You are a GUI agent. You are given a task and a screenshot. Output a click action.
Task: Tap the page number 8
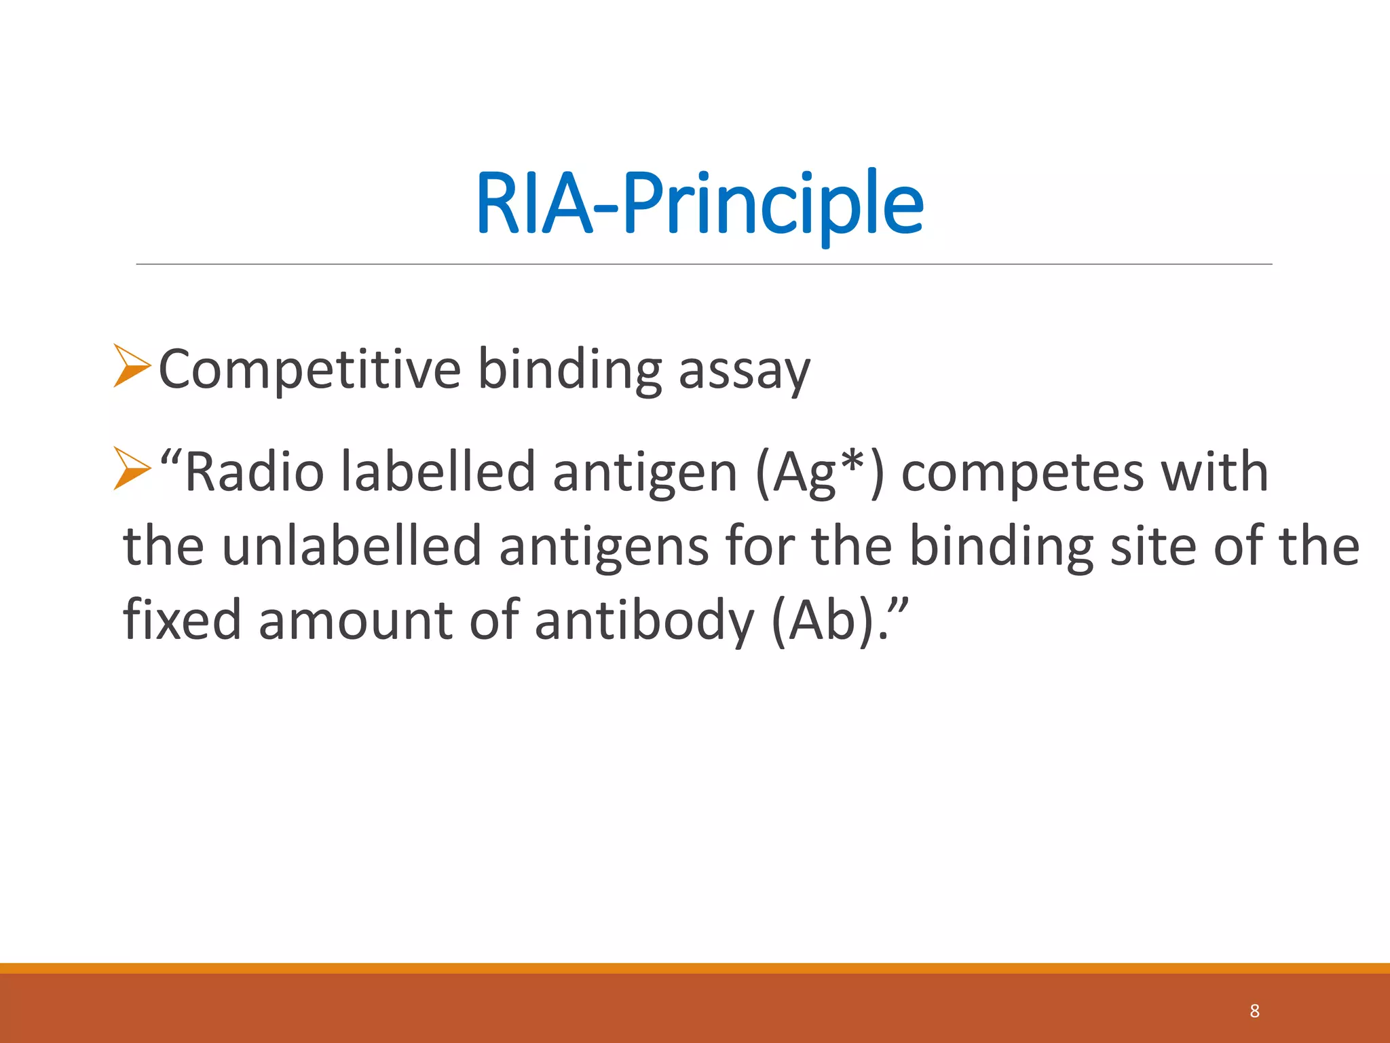1254,1011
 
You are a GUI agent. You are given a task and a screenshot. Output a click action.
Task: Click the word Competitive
309,369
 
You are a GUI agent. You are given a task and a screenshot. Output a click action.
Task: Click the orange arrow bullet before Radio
132,468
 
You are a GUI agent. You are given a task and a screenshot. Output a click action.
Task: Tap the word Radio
254,472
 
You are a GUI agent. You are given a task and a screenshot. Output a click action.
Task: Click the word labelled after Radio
438,472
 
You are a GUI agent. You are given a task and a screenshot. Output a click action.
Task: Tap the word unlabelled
352,546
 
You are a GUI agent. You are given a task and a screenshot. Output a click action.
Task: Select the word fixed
182,619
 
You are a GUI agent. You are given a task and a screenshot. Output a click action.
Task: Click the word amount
355,621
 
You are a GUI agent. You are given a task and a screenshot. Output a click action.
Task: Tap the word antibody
644,621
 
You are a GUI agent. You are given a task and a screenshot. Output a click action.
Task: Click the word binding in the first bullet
569,371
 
